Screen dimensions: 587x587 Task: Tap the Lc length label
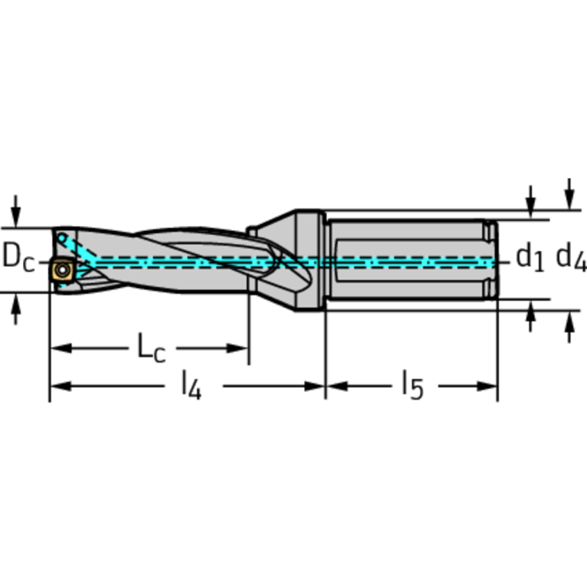click(151, 348)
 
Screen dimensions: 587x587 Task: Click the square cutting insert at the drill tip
click(60, 270)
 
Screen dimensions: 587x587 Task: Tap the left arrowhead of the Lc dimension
click(58, 349)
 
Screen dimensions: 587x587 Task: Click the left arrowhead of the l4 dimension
click(57, 386)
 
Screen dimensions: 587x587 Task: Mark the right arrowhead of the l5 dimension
click(490, 386)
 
